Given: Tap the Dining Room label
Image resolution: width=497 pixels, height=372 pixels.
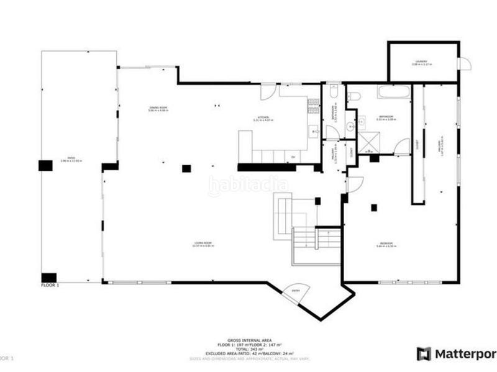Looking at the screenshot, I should point(158,110).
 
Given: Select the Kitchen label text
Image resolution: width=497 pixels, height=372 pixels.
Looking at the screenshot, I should point(263,119).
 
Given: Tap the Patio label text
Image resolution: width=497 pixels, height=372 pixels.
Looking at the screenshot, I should point(71,160).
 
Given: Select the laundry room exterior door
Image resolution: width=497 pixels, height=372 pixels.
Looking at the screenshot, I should point(464,64).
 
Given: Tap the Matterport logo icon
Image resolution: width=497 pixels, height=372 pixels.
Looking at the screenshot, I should point(424,353).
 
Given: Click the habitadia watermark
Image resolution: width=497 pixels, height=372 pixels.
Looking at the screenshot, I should point(248,184).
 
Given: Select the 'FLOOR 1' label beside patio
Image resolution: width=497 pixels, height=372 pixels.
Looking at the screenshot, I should point(50,285).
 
